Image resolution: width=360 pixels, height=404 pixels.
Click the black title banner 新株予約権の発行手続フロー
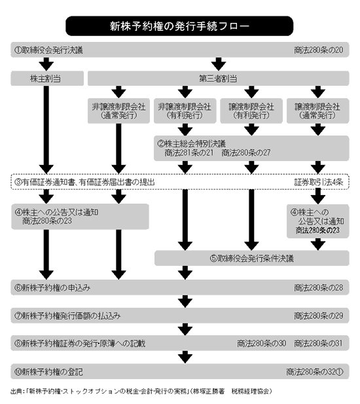pos(179,26)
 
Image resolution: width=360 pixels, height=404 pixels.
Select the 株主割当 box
pos(47,79)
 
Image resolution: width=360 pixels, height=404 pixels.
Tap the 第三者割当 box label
pos(218,79)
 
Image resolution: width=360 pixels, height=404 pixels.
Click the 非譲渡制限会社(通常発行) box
pos(118,111)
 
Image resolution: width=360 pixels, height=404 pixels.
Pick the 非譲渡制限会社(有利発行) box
pos(185,111)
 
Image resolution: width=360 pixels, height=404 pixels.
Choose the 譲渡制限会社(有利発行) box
pos(251,111)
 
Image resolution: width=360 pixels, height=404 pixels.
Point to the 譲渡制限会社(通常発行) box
pos(317,111)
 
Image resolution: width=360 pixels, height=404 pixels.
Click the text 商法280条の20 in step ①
pos(319,50)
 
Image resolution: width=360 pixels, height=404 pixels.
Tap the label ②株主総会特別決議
pos(192,143)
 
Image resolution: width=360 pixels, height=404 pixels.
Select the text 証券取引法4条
pos(319,182)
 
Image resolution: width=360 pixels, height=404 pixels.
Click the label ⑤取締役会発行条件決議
pos(252,258)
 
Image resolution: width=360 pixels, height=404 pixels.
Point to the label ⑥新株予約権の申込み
pos(52,287)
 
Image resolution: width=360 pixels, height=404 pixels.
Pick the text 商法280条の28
pos(319,287)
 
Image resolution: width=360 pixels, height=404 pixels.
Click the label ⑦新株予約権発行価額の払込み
pos(67,316)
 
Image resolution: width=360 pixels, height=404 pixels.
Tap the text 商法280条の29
pos(319,316)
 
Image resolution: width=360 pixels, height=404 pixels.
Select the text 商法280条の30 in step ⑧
pos(262,344)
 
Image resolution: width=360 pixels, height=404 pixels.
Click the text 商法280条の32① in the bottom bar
pos(315,372)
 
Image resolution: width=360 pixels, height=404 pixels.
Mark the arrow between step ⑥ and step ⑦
pos(185,301)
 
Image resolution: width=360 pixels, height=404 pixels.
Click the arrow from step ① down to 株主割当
pos(46,64)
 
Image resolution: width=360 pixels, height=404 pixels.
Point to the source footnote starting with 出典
pos(141,392)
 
